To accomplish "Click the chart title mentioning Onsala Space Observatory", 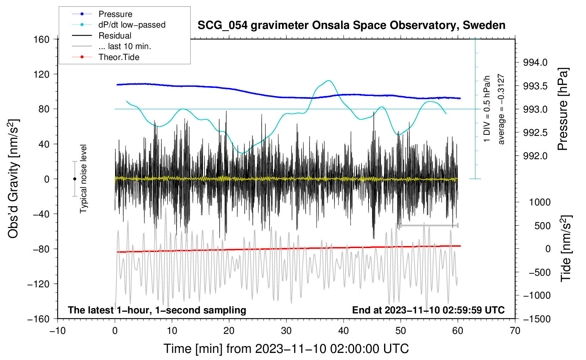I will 351,25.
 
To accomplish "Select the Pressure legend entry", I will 115,14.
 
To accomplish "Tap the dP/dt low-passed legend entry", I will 132,25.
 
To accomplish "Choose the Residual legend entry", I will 115,36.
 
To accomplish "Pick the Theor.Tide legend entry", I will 119,57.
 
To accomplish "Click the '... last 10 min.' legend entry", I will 125,46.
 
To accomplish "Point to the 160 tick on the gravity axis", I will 42,39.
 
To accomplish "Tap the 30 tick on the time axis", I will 286,331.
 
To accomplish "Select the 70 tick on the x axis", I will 515,331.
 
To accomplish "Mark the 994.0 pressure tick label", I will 535,62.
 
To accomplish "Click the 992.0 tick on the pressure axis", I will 535,156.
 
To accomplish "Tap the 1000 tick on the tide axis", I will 540,202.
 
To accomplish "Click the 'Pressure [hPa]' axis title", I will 563,109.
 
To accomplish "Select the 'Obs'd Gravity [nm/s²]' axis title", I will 13,179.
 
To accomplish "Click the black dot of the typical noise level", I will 74,179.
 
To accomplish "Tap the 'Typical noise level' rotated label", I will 83,179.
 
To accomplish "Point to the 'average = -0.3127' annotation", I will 501,109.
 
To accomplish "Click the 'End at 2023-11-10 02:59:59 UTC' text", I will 428,310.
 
